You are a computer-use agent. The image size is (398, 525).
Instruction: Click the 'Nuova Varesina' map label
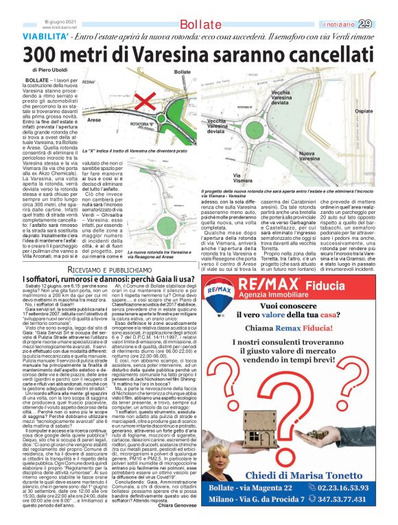(315, 156)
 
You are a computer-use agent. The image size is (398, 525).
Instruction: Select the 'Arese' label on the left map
(95, 120)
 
